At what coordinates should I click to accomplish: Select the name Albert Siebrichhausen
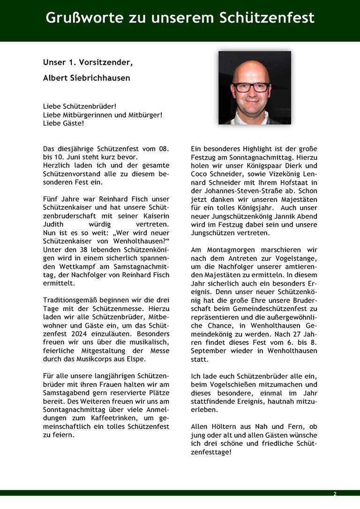pyautogui.click(x=87, y=78)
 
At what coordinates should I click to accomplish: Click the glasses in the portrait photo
pyautogui.click(x=251, y=87)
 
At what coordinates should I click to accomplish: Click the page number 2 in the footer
pyautogui.click(x=335, y=494)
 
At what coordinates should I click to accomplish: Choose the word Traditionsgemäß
pyautogui.click(x=73, y=300)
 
